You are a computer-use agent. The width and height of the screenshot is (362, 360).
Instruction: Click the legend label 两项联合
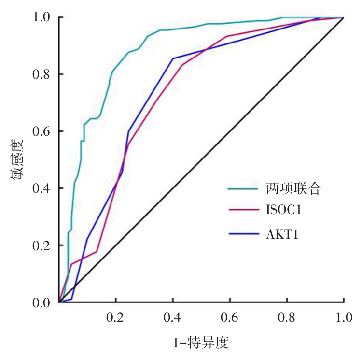(293, 188)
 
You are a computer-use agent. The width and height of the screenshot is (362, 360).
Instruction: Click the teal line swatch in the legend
(243, 188)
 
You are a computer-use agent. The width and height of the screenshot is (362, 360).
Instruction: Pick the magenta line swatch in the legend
(243, 211)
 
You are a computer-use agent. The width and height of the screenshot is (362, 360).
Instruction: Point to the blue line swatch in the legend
(243, 234)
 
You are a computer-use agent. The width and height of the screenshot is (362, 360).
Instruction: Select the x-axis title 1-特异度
(200, 344)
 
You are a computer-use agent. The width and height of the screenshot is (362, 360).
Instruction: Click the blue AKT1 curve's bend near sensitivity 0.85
(173, 58)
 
